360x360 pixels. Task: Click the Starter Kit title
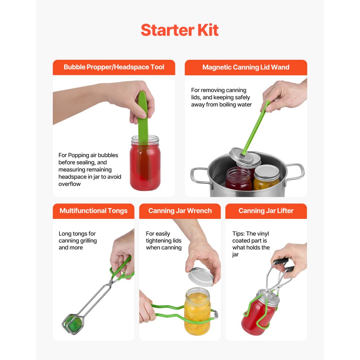(180, 30)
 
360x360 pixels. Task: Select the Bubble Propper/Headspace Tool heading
(114, 67)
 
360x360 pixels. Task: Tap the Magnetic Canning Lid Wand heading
(246, 67)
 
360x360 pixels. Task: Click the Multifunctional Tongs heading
(94, 211)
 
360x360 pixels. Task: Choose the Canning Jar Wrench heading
(180, 211)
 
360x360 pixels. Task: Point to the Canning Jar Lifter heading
(266, 211)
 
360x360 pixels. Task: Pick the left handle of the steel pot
(199, 174)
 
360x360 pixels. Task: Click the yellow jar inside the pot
(267, 178)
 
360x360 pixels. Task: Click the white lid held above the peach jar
(202, 276)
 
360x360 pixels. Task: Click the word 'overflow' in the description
(69, 184)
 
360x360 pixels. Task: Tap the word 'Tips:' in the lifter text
(238, 234)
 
